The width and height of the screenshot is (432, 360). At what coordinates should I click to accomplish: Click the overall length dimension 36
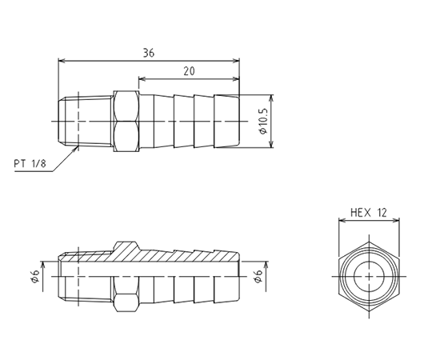pyautogui.click(x=149, y=53)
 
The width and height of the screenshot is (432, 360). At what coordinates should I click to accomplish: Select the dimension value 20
pyautogui.click(x=189, y=71)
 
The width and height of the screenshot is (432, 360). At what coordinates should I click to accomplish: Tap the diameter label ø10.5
pyautogui.click(x=263, y=121)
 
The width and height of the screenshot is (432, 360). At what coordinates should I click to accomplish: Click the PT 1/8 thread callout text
pyautogui.click(x=30, y=164)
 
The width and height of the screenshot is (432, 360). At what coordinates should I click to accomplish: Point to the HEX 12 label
pyautogui.click(x=369, y=213)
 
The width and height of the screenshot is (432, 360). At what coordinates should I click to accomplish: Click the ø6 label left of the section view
pyautogui.click(x=35, y=276)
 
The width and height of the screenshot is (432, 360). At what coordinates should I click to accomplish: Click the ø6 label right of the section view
pyautogui.click(x=258, y=276)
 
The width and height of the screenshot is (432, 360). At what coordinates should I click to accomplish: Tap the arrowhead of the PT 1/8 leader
pyautogui.click(x=75, y=149)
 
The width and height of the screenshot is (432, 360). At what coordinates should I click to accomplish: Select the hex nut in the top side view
pyautogui.click(x=126, y=121)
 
